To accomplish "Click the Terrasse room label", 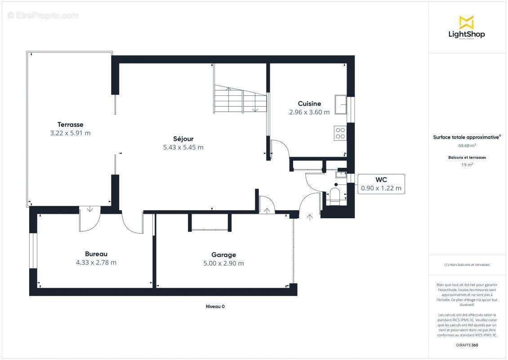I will (x=70, y=125).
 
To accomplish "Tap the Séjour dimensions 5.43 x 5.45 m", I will (x=183, y=147).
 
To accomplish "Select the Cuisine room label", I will (x=309, y=103).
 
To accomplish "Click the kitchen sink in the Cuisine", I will (x=340, y=105).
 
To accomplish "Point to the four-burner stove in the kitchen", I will (x=340, y=133).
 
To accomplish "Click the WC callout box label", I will (x=381, y=180).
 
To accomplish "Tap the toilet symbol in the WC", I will (x=335, y=196).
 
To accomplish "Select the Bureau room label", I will (x=96, y=254).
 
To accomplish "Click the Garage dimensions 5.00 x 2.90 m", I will (x=223, y=263).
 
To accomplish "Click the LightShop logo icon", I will (x=467, y=22).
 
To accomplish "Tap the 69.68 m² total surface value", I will (x=467, y=145).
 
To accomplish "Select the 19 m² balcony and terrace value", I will (x=467, y=165).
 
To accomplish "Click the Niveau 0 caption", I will (x=215, y=306).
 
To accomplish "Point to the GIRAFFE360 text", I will (x=467, y=345).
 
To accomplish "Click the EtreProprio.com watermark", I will (x=43, y=15).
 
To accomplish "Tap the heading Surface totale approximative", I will (x=466, y=137).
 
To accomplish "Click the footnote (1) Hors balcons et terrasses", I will (x=467, y=265).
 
